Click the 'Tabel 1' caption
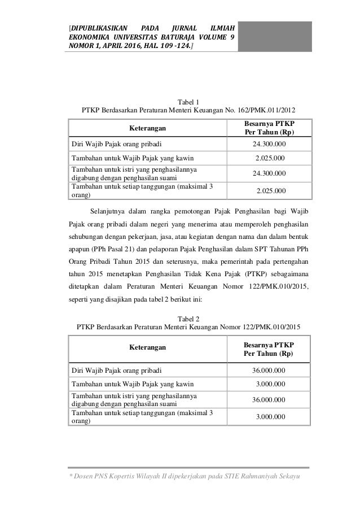coord(189,101)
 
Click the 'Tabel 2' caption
coord(189,317)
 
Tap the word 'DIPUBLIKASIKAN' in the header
coord(96,26)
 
